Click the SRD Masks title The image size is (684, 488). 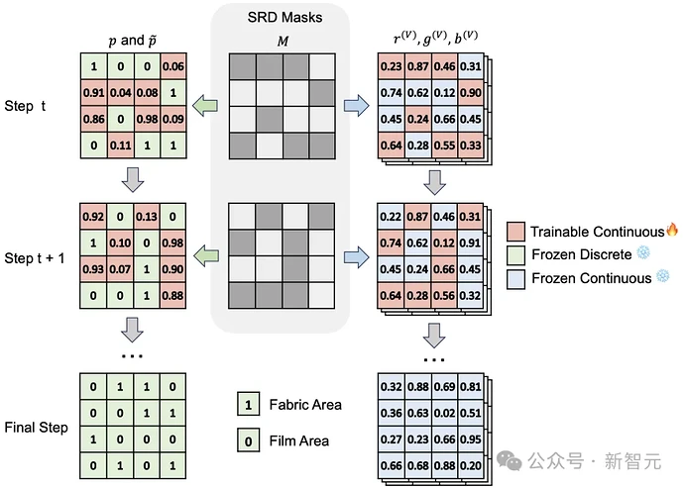285,17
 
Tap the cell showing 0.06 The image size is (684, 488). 173,66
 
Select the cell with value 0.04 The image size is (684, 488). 120,92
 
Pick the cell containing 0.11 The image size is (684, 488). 120,146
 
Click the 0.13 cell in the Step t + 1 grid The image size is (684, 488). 146,217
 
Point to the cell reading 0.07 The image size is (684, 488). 120,269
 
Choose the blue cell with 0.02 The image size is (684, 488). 444,413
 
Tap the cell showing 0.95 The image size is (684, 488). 471,439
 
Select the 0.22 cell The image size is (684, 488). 391,217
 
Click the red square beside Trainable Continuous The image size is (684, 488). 515,232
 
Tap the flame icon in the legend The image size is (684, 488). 672,230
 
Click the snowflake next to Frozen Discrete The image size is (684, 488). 643,252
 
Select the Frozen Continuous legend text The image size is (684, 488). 592,278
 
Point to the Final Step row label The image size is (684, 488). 37,428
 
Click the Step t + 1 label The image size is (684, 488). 35,258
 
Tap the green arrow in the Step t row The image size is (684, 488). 205,106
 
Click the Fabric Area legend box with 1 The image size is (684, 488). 248,404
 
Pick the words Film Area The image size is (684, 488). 298,440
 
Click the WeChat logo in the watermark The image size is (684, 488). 510,460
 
